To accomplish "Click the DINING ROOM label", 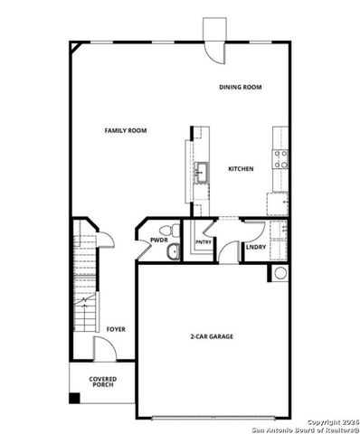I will coord(240,87).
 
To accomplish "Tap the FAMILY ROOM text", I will coord(128,131).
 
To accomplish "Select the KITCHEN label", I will coord(240,169).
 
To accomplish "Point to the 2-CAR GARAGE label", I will coord(211,336).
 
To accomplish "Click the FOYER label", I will coord(115,329).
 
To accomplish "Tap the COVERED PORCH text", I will coord(102,383).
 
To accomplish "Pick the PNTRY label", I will coord(203,242).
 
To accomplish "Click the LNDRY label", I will coord(255,246).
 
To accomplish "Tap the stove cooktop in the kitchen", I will coord(280,159).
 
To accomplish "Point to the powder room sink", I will coord(169,253).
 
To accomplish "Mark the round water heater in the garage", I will coord(279,273).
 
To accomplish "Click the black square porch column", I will coord(74,398).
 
